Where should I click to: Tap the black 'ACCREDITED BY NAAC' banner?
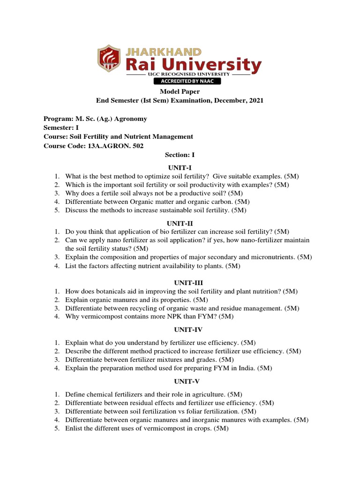180,81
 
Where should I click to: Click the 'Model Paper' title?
180,92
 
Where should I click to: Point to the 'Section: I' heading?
180,155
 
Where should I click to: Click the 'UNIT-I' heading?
180,167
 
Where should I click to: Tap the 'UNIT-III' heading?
180,282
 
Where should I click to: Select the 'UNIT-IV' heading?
180,330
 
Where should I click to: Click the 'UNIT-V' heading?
180,381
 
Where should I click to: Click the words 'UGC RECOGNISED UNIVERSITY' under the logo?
180,75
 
